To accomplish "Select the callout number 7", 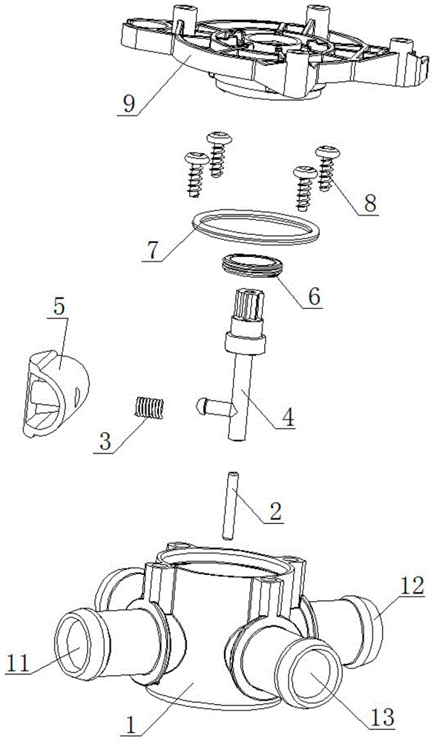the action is [x=151, y=250].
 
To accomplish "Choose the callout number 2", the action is [x=273, y=511].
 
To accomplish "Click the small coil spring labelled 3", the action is [x=148, y=408].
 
